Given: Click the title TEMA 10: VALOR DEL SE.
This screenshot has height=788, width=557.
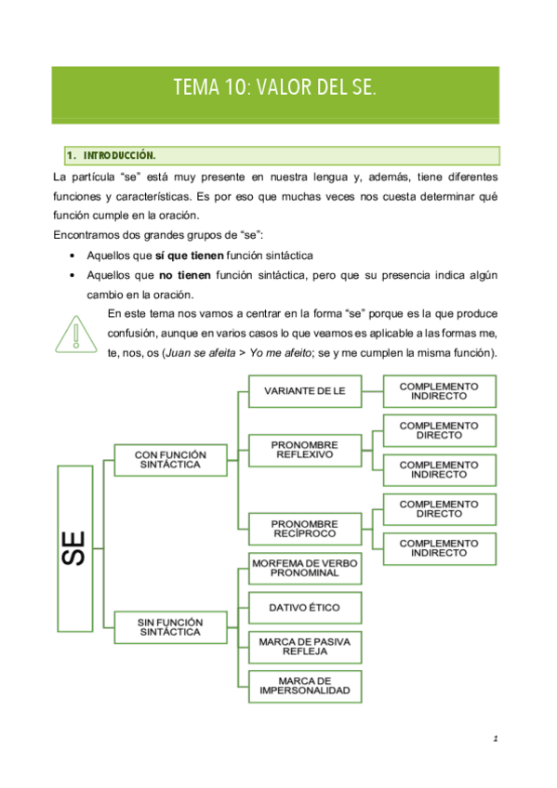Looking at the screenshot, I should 274,89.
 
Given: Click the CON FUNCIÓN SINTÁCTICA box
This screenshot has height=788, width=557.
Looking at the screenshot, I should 169,458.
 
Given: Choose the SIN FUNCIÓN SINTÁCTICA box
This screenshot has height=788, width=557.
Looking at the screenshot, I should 169,625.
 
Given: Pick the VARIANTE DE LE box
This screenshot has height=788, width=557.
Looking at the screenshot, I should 304,391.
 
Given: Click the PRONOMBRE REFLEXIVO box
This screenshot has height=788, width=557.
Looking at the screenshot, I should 304,450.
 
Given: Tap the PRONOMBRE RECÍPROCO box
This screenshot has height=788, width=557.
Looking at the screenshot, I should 304,529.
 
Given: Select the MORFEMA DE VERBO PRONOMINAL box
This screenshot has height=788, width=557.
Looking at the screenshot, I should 304,569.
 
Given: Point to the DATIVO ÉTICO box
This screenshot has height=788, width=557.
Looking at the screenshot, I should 304,608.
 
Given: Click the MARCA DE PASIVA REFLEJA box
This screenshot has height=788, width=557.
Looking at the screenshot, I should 304,646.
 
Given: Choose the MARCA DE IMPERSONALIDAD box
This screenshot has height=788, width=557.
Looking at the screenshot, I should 304,686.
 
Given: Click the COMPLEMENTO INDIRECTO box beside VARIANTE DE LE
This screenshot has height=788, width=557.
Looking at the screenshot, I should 439,390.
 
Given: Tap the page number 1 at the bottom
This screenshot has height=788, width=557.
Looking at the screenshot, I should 497,740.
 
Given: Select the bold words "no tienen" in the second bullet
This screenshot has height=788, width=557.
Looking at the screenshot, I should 185,275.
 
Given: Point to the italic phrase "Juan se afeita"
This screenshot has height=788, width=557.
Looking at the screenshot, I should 224,354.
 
